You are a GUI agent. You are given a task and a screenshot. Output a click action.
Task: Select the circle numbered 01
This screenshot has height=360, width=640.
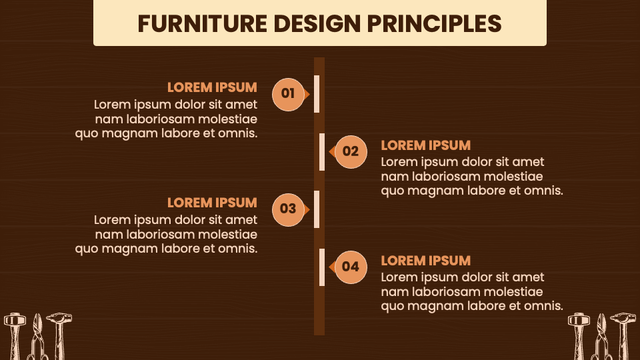click(288, 94)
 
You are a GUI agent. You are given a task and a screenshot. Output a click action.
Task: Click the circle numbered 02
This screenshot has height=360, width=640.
click(351, 151)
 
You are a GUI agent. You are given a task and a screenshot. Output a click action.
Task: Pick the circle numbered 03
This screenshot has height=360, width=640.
click(288, 209)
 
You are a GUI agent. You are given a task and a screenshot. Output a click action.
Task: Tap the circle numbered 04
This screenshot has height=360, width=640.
click(351, 267)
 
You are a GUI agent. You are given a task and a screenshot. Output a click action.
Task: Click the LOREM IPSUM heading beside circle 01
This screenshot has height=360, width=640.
click(212, 87)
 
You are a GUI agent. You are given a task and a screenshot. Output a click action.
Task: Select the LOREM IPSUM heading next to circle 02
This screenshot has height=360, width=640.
click(425, 145)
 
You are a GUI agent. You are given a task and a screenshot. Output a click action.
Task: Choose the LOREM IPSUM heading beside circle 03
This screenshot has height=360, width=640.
click(212, 203)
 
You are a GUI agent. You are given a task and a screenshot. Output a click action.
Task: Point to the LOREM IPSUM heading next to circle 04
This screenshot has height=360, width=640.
click(425, 261)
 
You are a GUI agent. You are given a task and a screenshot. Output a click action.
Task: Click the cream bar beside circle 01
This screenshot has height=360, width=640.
click(317, 94)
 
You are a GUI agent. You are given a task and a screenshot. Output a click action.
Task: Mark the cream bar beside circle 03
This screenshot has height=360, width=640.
click(317, 209)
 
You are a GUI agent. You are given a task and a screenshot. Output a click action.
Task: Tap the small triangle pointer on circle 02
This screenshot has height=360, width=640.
click(331, 151)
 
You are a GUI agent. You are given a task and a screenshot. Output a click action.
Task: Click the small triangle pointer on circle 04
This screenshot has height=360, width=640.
click(331, 267)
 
